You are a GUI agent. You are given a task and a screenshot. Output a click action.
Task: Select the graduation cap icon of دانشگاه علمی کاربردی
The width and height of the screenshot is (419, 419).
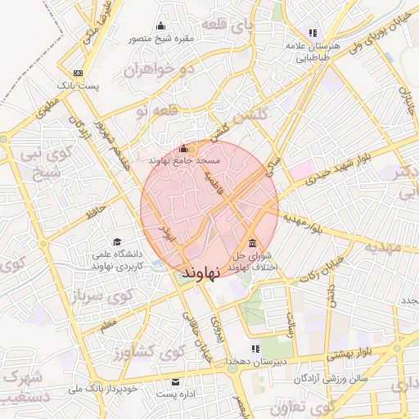(x=118, y=242)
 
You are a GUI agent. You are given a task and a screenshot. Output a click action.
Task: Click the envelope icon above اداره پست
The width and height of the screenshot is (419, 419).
(x=175, y=382)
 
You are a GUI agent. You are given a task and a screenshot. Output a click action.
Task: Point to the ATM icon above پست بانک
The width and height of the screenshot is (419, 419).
(x=78, y=73)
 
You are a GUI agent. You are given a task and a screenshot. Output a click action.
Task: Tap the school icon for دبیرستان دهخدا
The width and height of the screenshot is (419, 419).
(x=255, y=348)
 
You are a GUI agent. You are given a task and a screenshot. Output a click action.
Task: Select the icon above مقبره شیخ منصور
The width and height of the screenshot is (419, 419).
(x=160, y=26)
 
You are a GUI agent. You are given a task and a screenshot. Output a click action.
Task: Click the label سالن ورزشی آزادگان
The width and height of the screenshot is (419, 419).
(x=336, y=379)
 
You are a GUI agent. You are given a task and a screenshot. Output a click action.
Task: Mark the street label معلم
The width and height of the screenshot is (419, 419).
(x=108, y=327)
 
